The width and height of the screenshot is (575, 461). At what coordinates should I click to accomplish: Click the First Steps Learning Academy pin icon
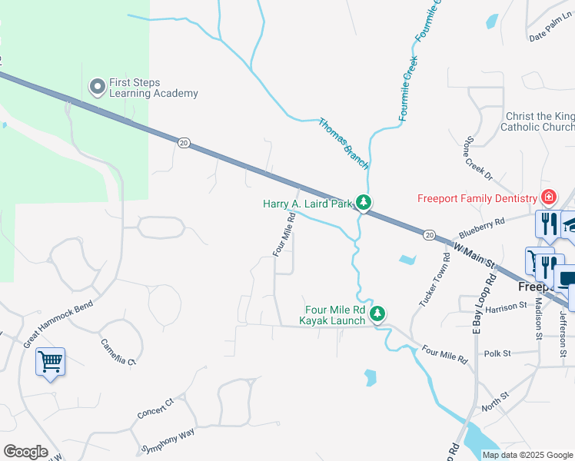(x=97, y=86)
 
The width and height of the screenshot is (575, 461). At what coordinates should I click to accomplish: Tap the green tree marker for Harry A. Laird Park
(x=363, y=204)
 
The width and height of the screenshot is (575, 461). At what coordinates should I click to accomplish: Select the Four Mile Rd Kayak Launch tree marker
(x=377, y=313)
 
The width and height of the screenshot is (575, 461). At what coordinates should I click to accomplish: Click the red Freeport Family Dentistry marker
(x=548, y=197)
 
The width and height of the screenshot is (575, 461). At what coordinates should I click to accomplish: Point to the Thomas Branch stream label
(x=344, y=144)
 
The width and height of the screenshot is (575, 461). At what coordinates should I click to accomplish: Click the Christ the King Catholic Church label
(x=539, y=121)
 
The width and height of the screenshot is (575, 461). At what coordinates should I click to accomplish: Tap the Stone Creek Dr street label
(x=476, y=160)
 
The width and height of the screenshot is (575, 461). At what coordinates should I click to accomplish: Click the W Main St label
(x=474, y=257)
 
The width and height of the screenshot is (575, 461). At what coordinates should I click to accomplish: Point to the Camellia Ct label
(x=118, y=352)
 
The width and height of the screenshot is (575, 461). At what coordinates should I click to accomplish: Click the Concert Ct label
(x=156, y=408)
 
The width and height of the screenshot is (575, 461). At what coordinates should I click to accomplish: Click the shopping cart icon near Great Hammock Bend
(x=50, y=360)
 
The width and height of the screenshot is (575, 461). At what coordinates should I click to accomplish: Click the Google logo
(x=25, y=452)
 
